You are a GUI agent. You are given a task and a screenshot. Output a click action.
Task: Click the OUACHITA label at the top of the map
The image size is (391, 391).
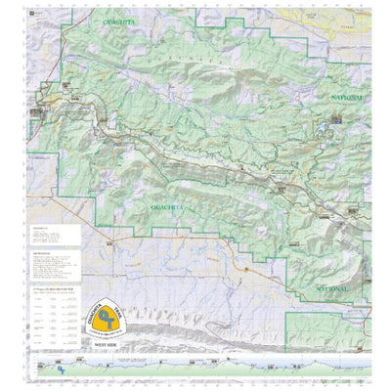point(123,19)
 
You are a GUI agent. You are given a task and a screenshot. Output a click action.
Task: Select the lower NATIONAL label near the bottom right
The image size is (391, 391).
point(342,289)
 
